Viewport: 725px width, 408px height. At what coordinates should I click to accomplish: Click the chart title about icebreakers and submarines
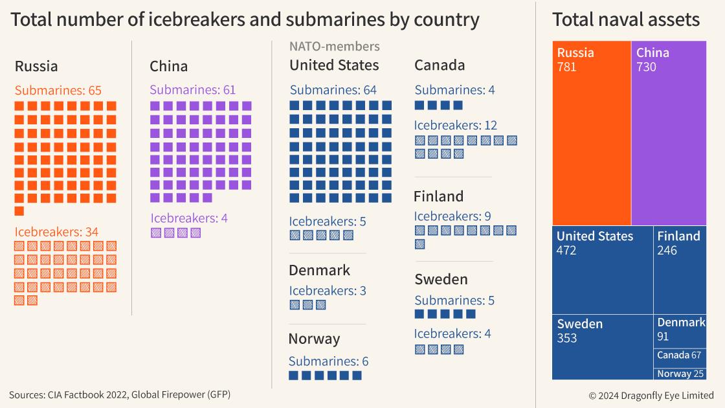point(245,19)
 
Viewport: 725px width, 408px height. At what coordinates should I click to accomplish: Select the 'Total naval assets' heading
point(625,19)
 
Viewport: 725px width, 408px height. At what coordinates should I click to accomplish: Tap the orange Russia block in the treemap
point(592,133)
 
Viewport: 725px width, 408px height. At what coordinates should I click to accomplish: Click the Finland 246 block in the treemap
point(680,269)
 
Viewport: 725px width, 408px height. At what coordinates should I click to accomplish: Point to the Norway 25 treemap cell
point(680,374)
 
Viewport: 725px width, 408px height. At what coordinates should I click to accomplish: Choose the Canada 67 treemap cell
point(680,355)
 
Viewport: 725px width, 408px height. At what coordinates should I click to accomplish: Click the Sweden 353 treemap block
point(602,346)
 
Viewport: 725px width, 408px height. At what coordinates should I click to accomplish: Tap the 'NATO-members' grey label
point(334,47)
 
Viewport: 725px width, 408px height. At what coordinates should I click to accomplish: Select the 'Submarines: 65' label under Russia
point(58,90)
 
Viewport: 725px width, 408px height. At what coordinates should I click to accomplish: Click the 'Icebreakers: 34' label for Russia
point(56,231)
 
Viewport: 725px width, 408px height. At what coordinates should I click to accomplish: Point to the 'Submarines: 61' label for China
point(192,89)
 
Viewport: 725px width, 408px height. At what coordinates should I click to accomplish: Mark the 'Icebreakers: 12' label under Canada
point(456,125)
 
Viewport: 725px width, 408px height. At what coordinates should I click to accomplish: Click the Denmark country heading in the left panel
point(319,270)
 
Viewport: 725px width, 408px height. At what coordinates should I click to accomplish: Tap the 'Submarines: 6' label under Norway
point(328,361)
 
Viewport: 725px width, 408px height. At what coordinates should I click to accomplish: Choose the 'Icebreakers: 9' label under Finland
point(452,216)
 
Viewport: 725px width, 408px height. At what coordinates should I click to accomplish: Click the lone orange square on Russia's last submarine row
point(19,211)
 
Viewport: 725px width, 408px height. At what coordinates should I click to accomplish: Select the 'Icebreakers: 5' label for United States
point(328,221)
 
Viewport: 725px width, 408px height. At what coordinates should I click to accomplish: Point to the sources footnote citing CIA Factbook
point(120,394)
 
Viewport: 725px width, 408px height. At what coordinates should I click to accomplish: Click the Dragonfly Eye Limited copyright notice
point(651,395)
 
